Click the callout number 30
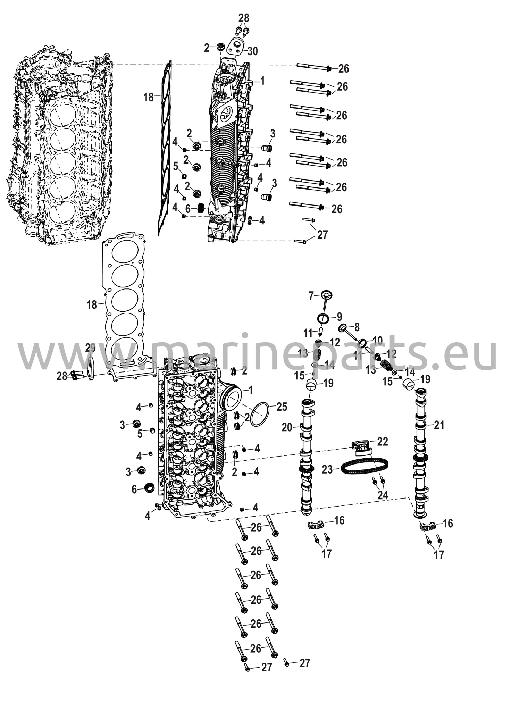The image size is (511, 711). click(253, 51)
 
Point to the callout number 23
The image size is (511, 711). click(327, 470)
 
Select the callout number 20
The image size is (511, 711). click(287, 428)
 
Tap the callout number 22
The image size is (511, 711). click(383, 442)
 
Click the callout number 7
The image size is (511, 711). click(311, 296)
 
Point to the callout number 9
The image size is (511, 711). click(339, 317)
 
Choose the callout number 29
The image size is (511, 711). click(90, 348)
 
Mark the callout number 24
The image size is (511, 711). click(383, 495)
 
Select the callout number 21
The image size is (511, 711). click(439, 425)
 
